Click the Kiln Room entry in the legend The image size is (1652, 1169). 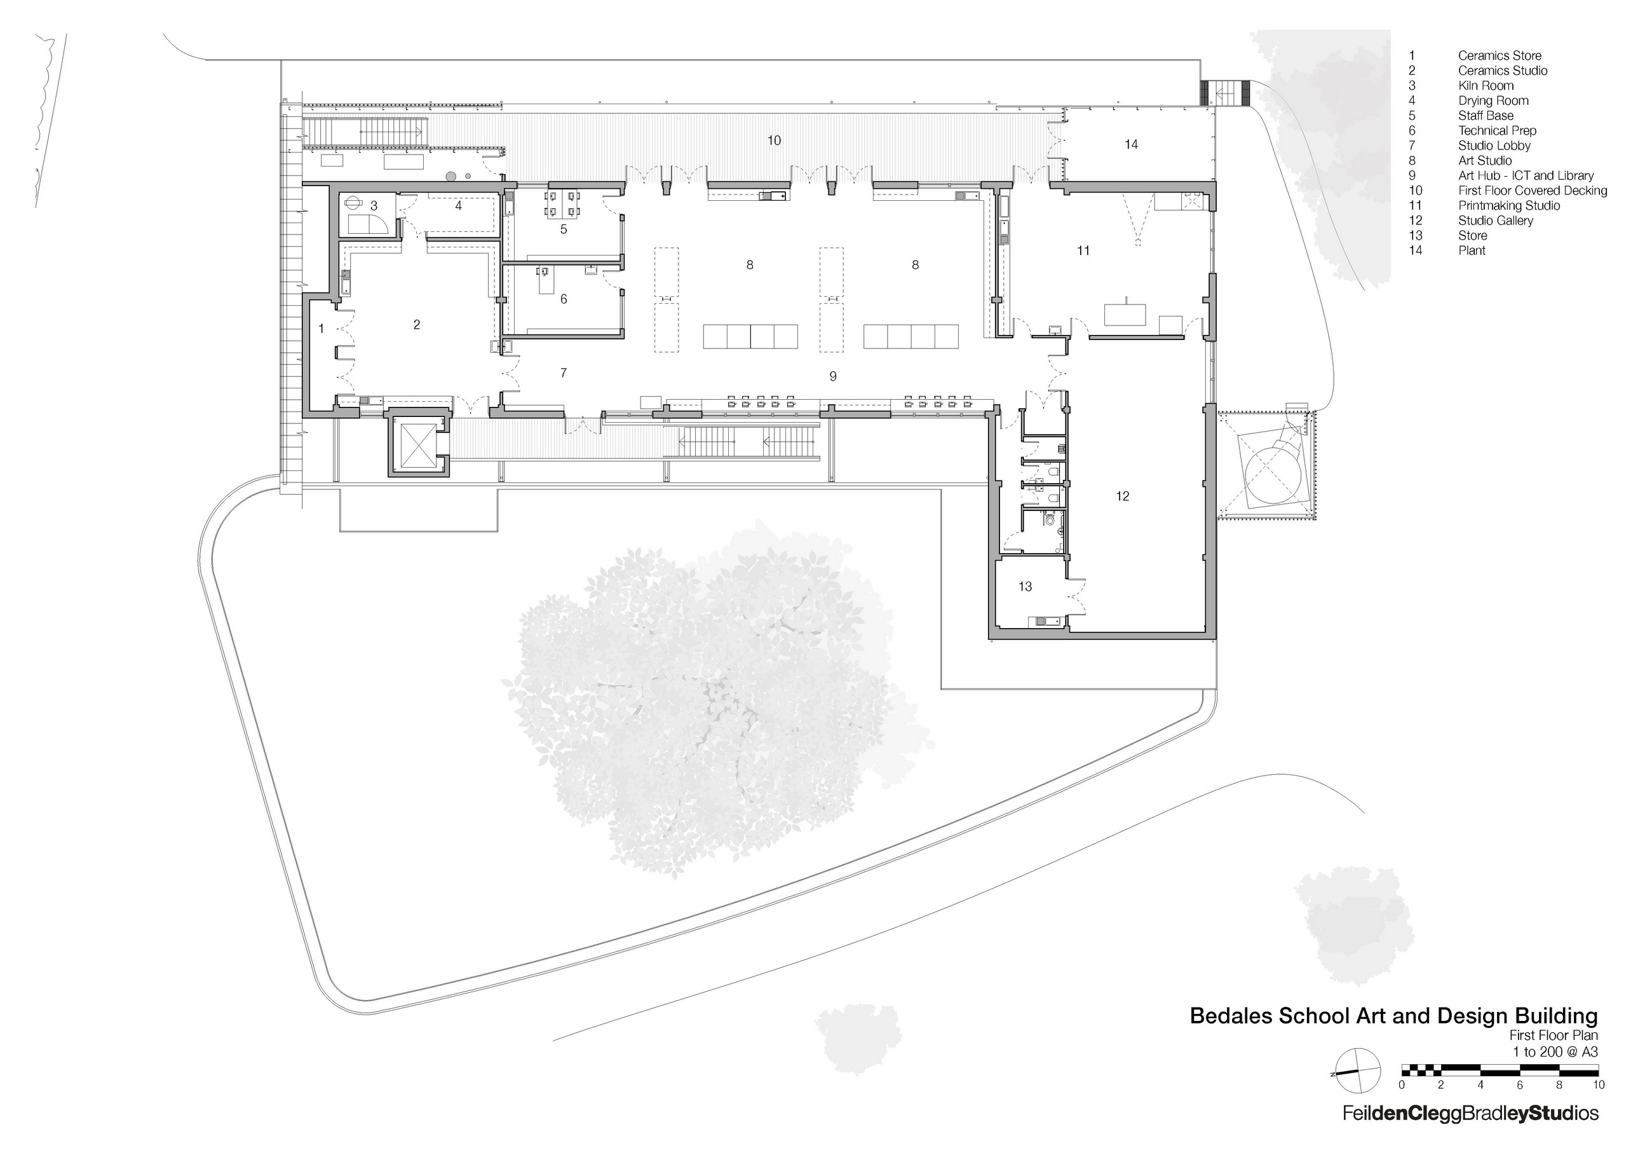click(1486, 86)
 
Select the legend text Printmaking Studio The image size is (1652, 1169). click(1509, 206)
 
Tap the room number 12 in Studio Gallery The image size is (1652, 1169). click(1123, 496)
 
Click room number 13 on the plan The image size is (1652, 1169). click(1025, 587)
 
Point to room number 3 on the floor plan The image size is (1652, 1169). click(374, 206)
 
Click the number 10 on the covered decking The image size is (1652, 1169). click(773, 140)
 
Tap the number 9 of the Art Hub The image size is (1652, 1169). click(832, 376)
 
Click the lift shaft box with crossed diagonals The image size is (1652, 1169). click(418, 444)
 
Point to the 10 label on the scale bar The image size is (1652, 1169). click(1598, 1085)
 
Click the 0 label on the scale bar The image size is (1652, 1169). click(1402, 1085)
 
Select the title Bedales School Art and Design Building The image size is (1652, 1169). click(1393, 1016)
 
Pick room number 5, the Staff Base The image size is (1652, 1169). click(564, 229)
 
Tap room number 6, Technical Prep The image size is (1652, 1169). click(564, 299)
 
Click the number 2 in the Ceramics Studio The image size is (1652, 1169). click(417, 325)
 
